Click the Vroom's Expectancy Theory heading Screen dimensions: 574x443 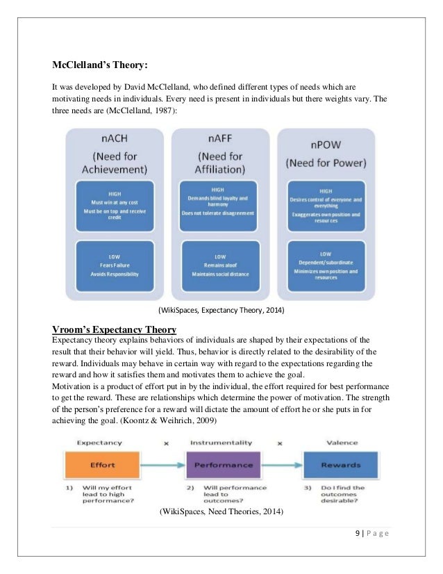[x=114, y=328]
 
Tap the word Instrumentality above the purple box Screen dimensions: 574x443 [x=220, y=441]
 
